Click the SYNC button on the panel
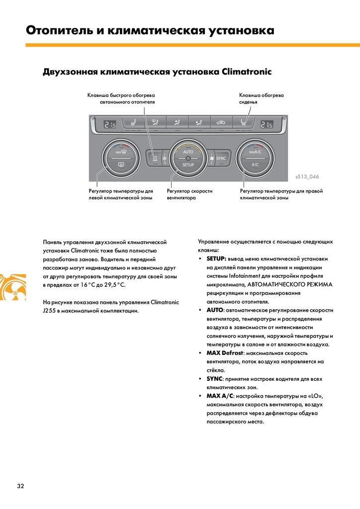coord(221,159)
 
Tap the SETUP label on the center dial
coord(188,165)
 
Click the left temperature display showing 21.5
coord(110,125)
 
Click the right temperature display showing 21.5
coord(267,125)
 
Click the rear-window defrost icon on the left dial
coord(121,165)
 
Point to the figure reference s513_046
coord(307,176)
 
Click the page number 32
coord(20,486)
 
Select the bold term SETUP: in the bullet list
coord(216,258)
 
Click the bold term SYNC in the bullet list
coord(214,379)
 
